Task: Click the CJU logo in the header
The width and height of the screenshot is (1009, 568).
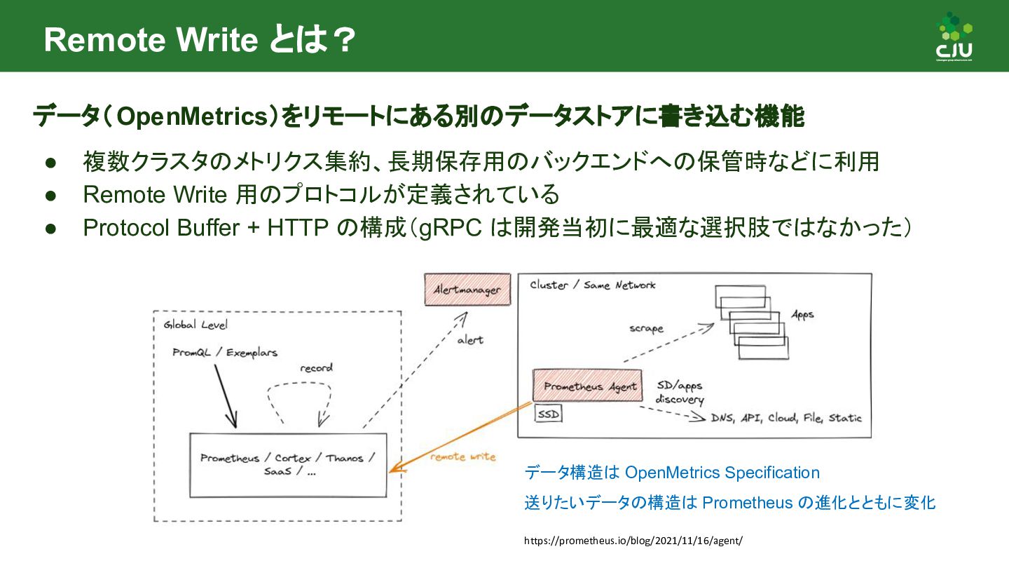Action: pos(954,36)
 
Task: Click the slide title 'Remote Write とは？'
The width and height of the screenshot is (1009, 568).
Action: pos(199,40)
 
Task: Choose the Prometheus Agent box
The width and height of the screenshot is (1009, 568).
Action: pos(587,386)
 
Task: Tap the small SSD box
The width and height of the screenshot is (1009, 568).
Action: pos(549,414)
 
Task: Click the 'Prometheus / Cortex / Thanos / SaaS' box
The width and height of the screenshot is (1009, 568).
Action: pos(288,465)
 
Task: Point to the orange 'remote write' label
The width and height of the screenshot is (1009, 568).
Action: pos(462,457)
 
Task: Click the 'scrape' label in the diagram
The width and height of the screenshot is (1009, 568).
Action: pos(645,328)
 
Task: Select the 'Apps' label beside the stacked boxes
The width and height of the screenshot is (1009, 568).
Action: pos(802,315)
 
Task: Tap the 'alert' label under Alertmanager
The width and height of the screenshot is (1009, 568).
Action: pos(470,340)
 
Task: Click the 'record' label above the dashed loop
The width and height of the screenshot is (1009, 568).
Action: pos(316,368)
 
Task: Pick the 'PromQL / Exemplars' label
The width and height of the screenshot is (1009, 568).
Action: pos(224,353)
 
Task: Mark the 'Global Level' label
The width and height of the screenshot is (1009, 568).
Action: pos(195,325)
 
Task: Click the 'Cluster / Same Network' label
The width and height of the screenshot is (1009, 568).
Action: pos(592,285)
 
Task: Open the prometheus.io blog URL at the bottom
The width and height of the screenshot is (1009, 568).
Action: pos(633,541)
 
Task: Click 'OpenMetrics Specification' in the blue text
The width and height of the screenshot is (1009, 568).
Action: pos(722,473)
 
